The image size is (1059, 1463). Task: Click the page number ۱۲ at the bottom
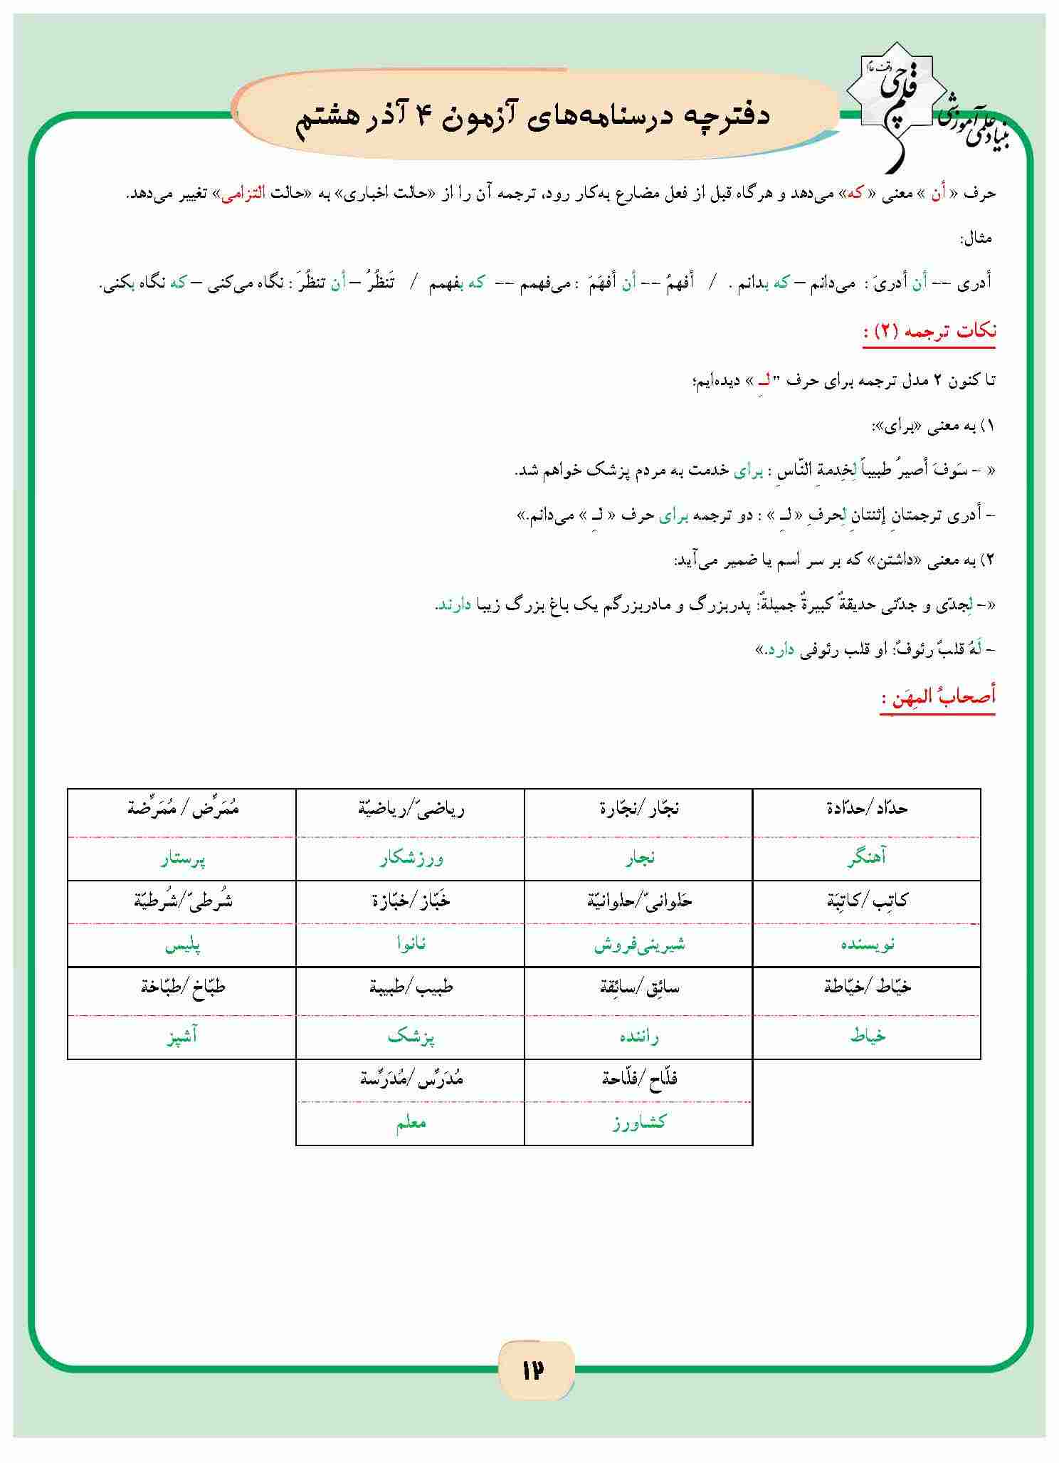[x=532, y=1370]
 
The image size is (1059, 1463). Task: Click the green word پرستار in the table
[x=182, y=859]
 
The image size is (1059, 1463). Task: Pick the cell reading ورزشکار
[x=411, y=859]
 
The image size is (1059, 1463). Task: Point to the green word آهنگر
[x=866, y=859]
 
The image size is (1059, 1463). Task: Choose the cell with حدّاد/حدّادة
[x=866, y=809]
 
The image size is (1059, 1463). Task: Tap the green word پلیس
[x=182, y=946]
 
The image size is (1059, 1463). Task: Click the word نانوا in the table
[x=411, y=945]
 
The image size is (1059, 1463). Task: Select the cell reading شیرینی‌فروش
[x=639, y=945]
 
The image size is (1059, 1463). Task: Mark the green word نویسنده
[x=866, y=945]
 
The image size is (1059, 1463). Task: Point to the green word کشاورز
[x=639, y=1123]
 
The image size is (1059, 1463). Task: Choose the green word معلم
[x=411, y=1123]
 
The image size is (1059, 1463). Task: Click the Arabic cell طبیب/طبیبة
[x=411, y=987]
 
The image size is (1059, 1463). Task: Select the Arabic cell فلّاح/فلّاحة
[x=639, y=1078]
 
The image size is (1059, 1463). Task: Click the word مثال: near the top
[x=976, y=238]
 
